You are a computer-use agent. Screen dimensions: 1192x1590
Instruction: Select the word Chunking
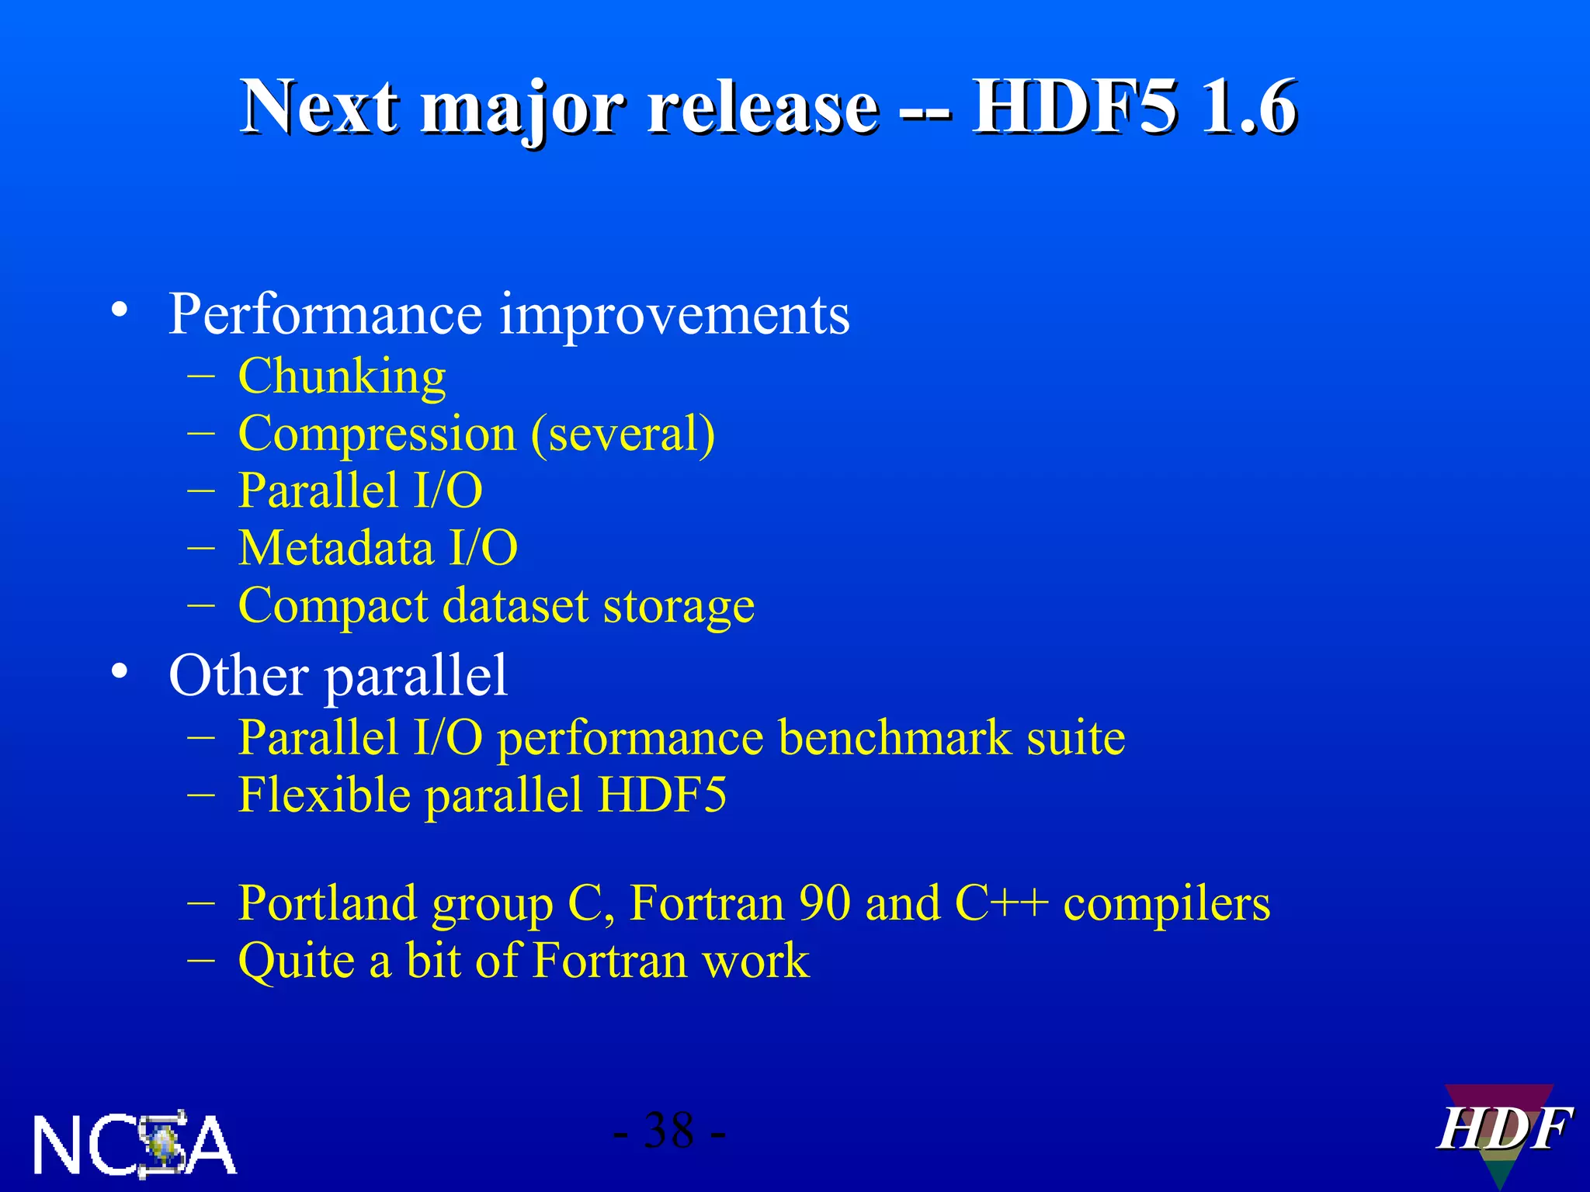click(x=342, y=377)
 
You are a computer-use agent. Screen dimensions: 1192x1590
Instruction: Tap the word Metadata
click(x=335, y=548)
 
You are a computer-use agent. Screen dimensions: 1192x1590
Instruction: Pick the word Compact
click(x=332, y=607)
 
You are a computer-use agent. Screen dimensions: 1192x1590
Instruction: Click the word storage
click(x=679, y=607)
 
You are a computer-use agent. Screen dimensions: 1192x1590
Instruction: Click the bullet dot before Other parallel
click(x=119, y=671)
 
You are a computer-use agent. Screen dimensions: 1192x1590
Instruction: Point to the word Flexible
click(x=324, y=795)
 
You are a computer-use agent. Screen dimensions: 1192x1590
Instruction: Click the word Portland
click(x=327, y=903)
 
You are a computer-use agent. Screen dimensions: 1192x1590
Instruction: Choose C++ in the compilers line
click(x=1001, y=903)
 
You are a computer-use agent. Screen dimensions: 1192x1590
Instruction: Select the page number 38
click(x=668, y=1131)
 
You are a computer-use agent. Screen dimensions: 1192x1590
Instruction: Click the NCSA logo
click(x=134, y=1144)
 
